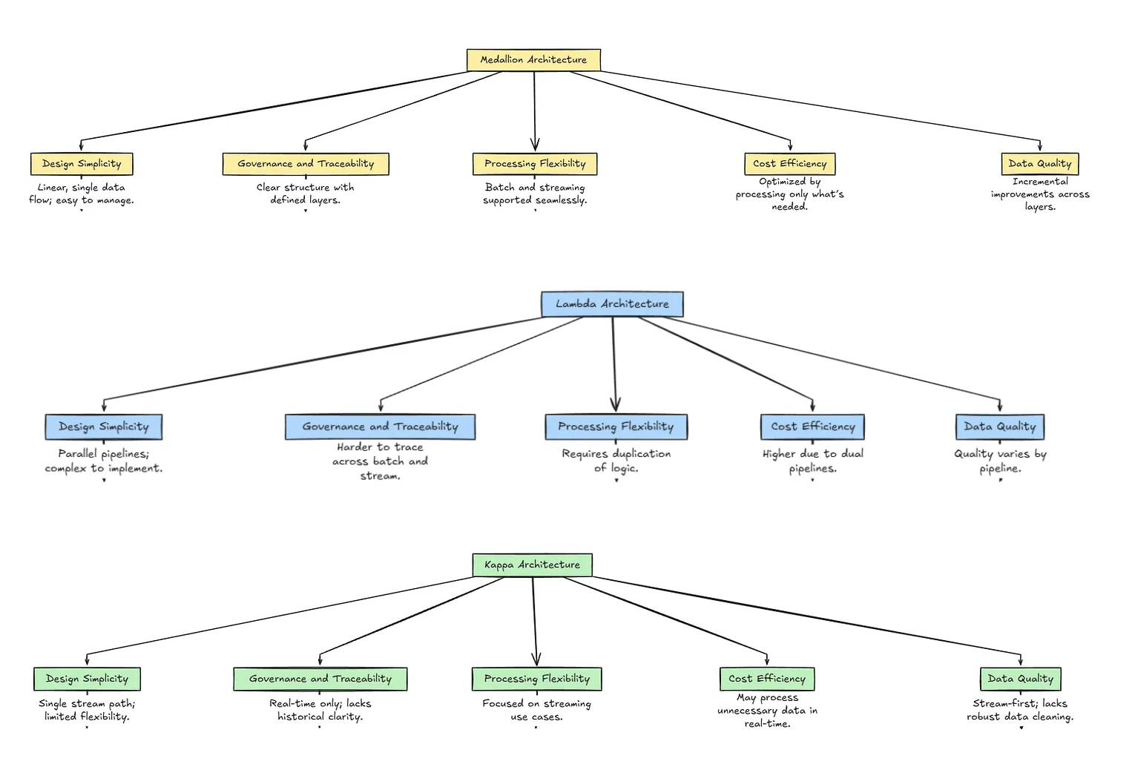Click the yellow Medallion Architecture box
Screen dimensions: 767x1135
[533, 60]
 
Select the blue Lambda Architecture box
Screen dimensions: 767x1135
[612, 304]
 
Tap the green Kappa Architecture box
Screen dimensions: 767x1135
[532, 565]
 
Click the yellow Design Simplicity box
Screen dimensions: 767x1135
[82, 164]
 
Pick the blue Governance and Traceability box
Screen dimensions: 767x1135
[380, 427]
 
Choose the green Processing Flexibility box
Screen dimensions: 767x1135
[536, 679]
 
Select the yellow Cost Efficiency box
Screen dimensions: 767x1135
[789, 164]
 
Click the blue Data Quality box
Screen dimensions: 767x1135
[999, 427]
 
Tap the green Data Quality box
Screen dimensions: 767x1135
[1020, 679]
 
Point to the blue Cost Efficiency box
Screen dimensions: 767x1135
[812, 427]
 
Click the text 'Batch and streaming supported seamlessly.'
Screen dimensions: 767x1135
[535, 194]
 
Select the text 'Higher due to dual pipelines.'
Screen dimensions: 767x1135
[812, 461]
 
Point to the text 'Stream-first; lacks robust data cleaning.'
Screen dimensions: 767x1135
[1020, 710]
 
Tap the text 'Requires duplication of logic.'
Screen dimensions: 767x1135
[616, 461]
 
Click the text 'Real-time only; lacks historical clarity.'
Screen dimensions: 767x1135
[320, 710]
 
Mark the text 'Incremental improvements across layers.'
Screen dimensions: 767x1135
[1040, 194]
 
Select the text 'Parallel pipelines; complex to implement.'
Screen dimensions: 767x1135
[104, 461]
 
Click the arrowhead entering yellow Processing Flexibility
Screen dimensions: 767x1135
[535, 145]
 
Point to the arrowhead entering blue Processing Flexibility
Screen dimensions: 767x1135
[615, 404]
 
